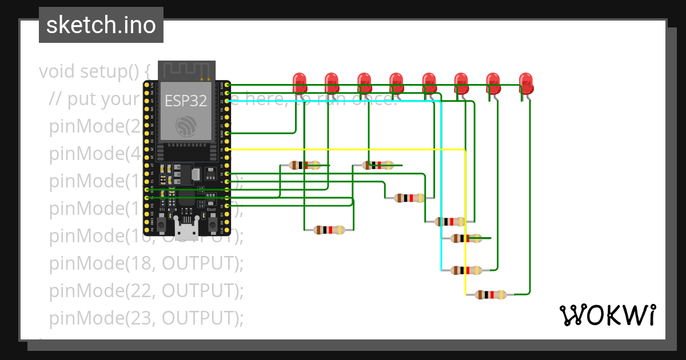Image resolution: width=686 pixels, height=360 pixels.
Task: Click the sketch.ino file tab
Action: (x=101, y=25)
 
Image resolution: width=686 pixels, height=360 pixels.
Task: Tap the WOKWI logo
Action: (x=607, y=315)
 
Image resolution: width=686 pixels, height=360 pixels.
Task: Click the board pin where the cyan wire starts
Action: (x=228, y=101)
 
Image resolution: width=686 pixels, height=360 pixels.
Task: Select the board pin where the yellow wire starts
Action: (x=228, y=149)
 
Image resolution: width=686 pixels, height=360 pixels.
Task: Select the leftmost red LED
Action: (x=299, y=83)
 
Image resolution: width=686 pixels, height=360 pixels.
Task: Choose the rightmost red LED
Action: (x=526, y=83)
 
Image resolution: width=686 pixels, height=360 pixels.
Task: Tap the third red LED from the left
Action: (x=364, y=83)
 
